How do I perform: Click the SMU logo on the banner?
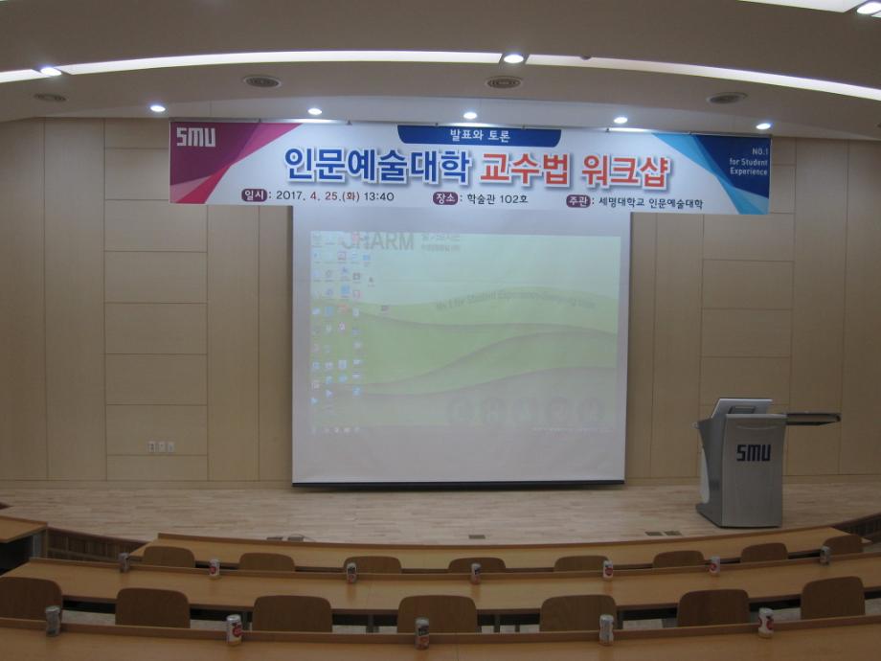[195, 137]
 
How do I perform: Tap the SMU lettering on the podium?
[753, 452]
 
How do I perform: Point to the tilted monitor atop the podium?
[739, 407]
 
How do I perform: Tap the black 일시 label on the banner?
[255, 194]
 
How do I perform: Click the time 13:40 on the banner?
[378, 196]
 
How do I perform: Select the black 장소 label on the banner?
[444, 197]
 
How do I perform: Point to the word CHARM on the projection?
[380, 240]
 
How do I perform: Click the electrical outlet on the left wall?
[161, 445]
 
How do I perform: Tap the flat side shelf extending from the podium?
[811, 418]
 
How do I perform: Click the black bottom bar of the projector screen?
[459, 484]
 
